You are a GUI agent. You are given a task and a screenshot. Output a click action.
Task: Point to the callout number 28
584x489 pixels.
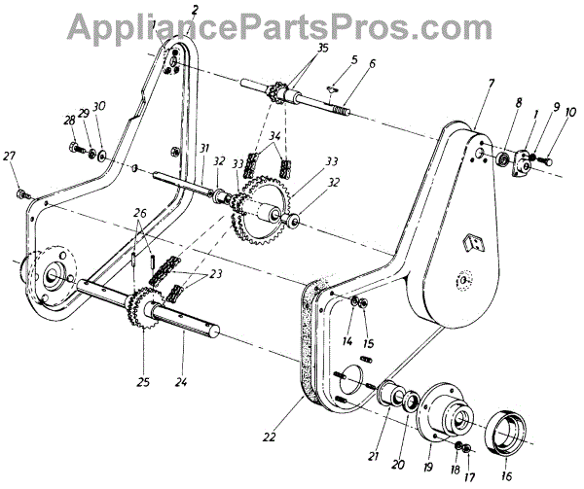point(67,121)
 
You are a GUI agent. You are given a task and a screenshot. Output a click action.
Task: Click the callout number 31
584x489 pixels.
point(202,148)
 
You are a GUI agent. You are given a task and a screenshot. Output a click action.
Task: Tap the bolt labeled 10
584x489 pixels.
point(546,155)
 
